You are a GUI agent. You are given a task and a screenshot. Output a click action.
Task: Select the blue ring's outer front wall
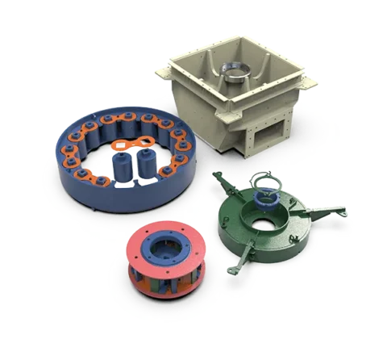click(113, 202)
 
